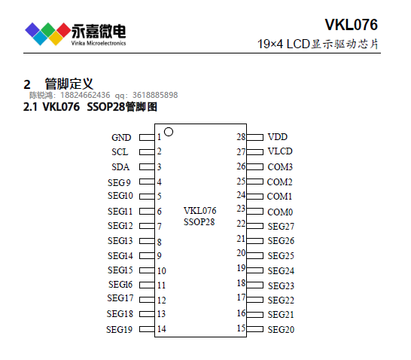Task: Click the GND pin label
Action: (121, 137)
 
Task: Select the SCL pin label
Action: (120, 152)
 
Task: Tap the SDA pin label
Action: (120, 167)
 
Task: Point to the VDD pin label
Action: (277, 137)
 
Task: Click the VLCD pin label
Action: (280, 151)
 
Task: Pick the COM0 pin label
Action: (280, 212)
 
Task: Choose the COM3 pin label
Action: (280, 167)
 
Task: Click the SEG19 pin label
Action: (119, 329)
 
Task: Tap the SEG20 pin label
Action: (281, 329)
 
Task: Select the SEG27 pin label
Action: (281, 226)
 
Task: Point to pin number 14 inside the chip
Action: (161, 329)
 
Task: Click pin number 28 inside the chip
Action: (241, 136)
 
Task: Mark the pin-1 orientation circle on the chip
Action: (169, 132)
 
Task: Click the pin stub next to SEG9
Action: (147, 182)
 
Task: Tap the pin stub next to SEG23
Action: (254, 285)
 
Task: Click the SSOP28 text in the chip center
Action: (199, 222)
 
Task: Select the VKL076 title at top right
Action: (352, 25)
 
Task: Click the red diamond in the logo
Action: (63, 30)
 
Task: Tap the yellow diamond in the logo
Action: (56, 38)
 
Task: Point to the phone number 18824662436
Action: (85, 95)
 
